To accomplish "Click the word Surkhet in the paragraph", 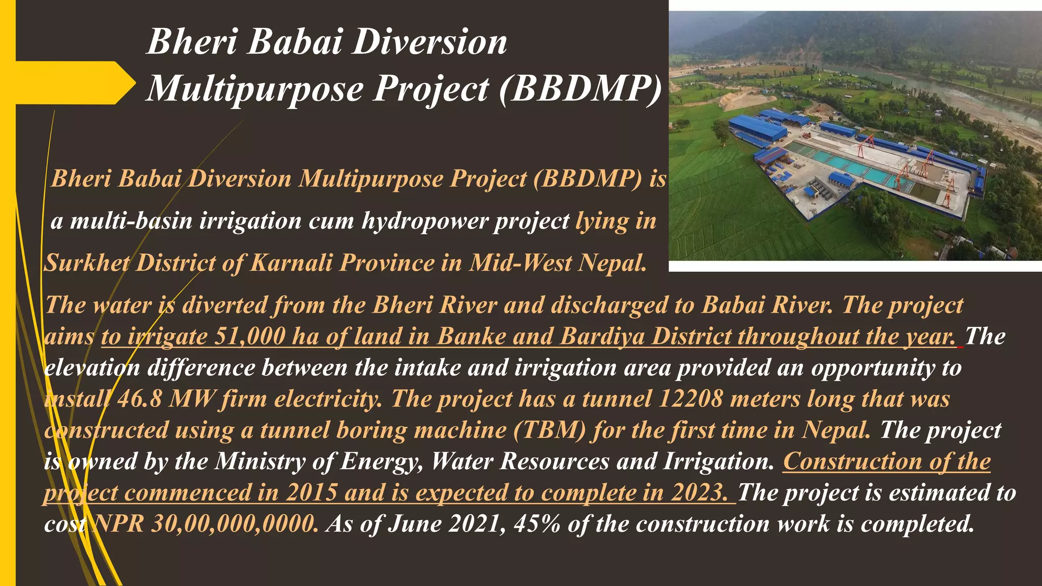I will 86,263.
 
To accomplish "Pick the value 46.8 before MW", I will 139,399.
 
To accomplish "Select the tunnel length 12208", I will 690,399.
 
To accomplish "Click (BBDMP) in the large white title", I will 580,90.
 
